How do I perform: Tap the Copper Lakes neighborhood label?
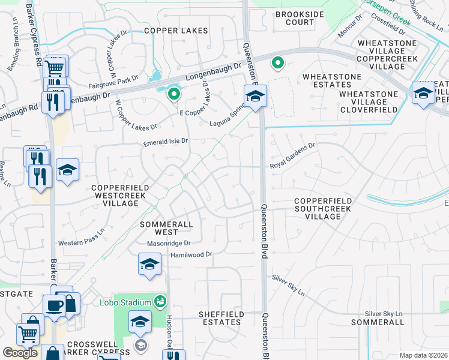coord(176,31)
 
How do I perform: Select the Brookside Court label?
coord(295,18)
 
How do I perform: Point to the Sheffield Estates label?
coord(221,318)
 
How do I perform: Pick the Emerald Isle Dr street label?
coord(166,142)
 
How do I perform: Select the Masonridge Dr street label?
coord(169,243)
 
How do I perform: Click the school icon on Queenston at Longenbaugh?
coord(255,96)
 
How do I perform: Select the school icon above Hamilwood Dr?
coord(149,263)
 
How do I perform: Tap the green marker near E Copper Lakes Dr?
coord(174,94)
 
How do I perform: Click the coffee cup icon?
coord(55,305)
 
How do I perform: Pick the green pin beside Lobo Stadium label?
coord(160,301)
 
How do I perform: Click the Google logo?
coord(20,353)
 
